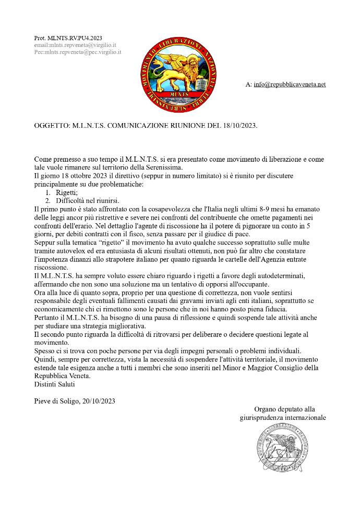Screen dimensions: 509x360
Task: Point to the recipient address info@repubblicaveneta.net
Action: [290, 84]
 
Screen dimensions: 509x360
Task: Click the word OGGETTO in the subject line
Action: [50, 126]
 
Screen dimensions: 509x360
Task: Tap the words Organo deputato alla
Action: [284, 409]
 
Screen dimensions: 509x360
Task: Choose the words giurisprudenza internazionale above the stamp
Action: [283, 417]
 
